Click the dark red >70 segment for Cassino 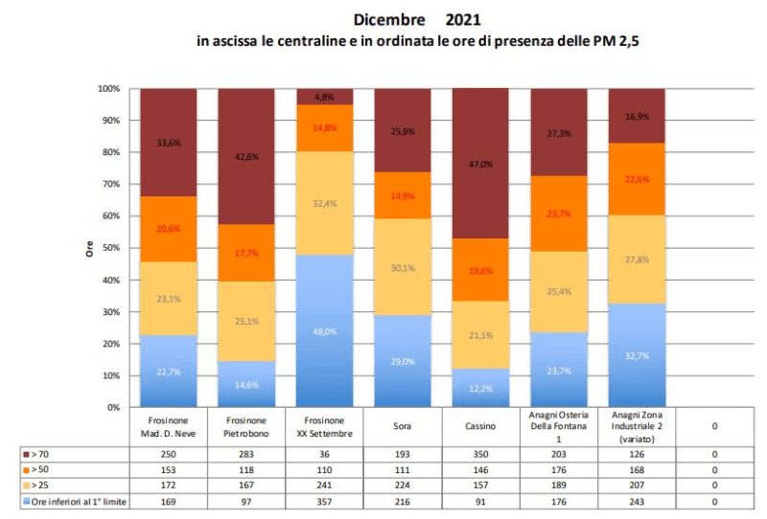[x=480, y=163]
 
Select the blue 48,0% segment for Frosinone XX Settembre [x=325, y=330]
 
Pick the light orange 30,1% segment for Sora [x=403, y=240]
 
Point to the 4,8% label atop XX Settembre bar [x=325, y=97]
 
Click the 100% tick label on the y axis [x=107, y=89]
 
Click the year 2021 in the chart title [x=464, y=19]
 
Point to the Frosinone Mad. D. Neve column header [x=169, y=424]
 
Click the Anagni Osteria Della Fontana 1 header [x=559, y=424]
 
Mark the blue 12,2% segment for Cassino [x=480, y=388]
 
